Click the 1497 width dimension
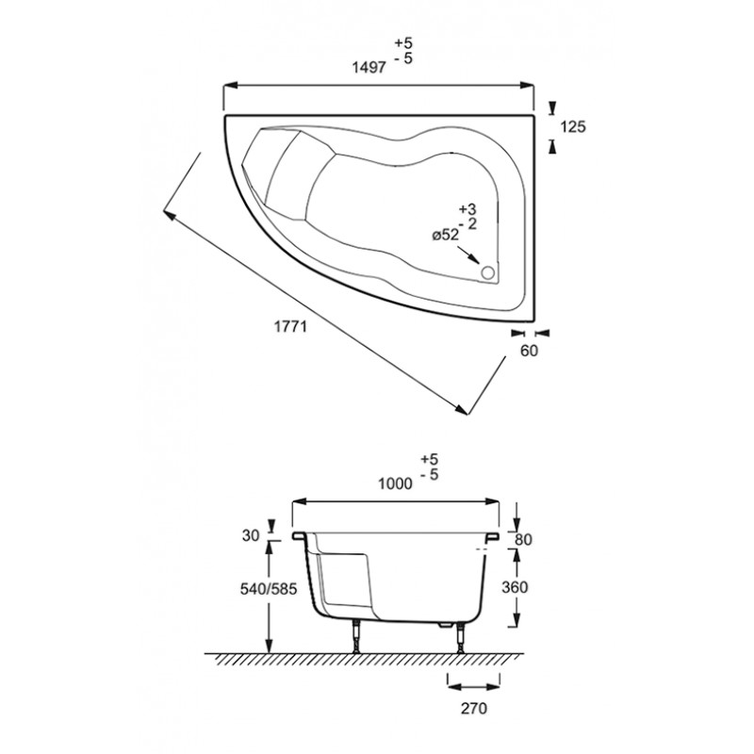tap(369, 67)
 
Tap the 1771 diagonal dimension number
tap(290, 326)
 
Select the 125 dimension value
tap(573, 127)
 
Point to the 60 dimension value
tap(529, 351)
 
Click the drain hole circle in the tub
tap(487, 272)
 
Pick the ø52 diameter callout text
tap(445, 236)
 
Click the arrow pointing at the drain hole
tap(468, 254)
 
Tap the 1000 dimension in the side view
tap(395, 484)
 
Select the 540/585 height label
tap(269, 588)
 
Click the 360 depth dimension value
tap(515, 587)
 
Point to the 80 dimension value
tap(524, 539)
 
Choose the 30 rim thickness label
tap(251, 535)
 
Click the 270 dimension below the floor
tap(474, 709)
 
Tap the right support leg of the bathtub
tap(462, 638)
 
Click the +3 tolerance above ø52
tap(467, 209)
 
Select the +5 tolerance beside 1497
tap(404, 42)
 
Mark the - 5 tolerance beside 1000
tap(430, 475)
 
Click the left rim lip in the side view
tap(300, 535)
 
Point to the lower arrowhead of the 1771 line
tap(462, 409)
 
